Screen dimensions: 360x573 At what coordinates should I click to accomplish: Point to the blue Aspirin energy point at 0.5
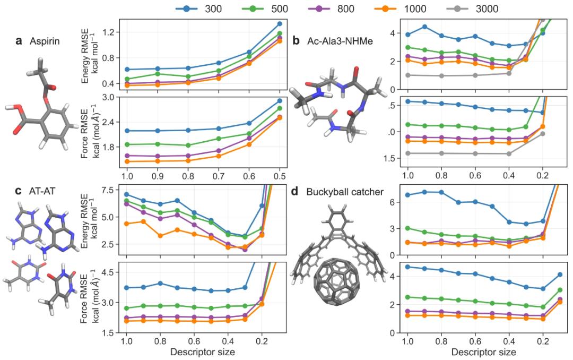pos(280,24)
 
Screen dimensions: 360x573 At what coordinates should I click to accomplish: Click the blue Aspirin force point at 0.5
pos(280,101)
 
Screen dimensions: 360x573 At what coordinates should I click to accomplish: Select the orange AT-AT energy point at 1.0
pos(126,224)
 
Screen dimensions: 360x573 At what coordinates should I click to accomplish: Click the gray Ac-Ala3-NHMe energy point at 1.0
pos(407,75)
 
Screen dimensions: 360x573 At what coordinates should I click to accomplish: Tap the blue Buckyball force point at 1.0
pos(407,267)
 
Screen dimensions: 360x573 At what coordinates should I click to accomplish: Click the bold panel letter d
pos(296,192)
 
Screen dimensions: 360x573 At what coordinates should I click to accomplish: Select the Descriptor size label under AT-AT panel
pos(203,351)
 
